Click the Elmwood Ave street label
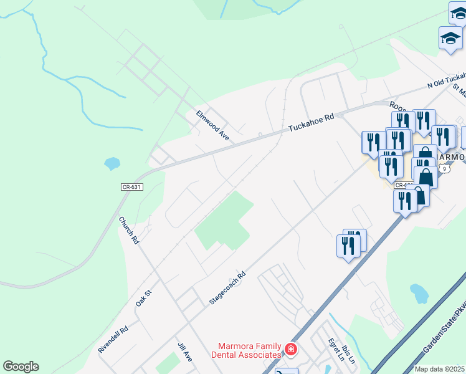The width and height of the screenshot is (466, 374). pos(213,125)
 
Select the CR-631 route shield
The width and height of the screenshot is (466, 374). pos(130,186)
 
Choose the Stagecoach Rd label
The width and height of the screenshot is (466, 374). pos(228,287)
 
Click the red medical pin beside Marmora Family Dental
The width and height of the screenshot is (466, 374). pos(290,350)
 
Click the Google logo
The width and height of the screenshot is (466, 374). pos(21,367)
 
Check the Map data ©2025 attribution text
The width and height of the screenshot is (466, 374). pos(439,369)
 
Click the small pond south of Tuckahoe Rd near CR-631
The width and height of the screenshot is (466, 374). pos(112,164)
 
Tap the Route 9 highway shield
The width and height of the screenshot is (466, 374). pos(444,168)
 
